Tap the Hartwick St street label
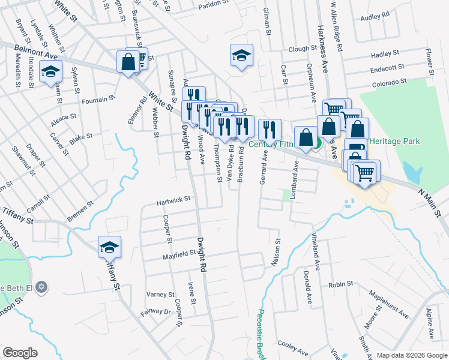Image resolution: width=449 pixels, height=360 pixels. coord(173,199)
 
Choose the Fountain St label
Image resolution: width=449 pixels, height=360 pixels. coord(98,100)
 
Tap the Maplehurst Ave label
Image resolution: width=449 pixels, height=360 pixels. coord(388,305)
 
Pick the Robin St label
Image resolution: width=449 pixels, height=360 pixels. coord(340,284)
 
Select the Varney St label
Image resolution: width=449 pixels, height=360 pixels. coord(160,295)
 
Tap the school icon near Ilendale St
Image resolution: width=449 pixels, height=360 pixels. coord(51,71)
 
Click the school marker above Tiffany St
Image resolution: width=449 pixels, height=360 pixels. coord(109,247)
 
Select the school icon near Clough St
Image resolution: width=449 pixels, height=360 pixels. coord(241,56)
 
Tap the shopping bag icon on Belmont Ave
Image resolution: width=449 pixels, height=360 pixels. coord(128,62)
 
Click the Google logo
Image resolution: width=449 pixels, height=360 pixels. coord(20,353)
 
